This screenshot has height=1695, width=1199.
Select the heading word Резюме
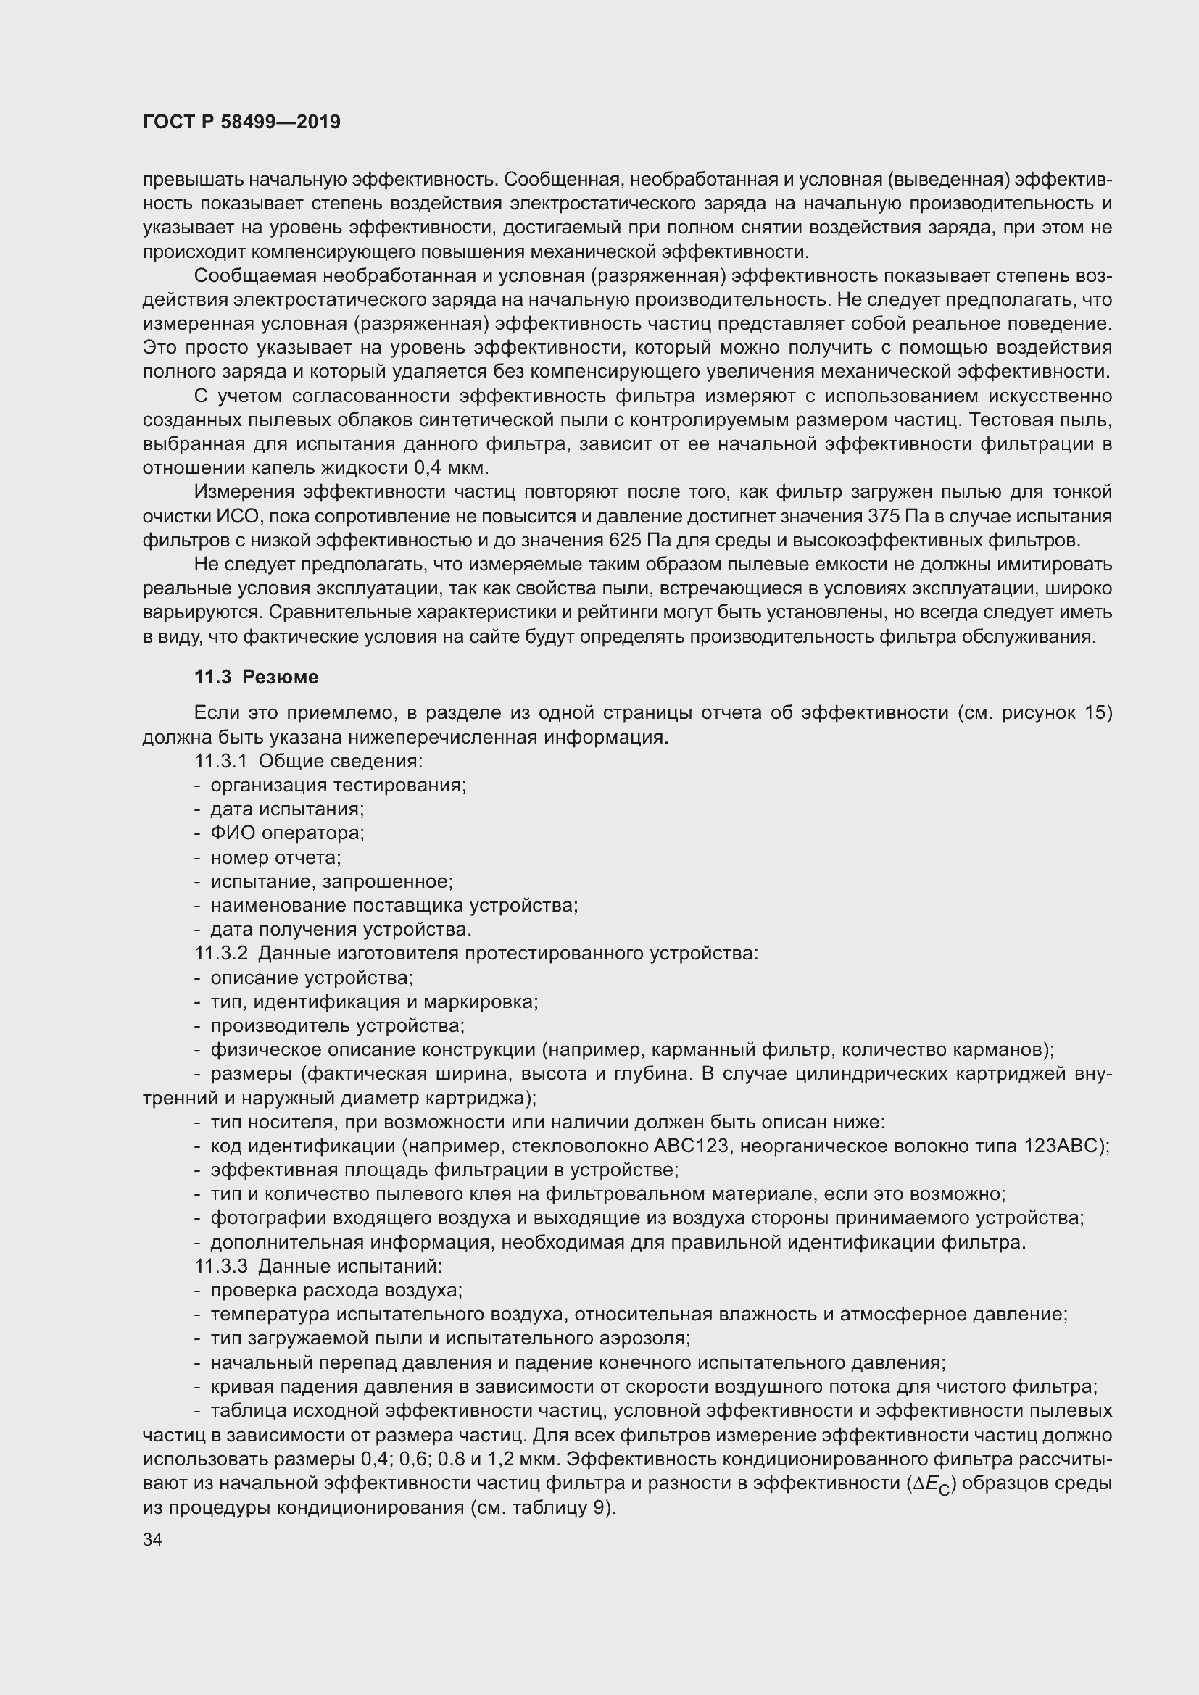point(281,677)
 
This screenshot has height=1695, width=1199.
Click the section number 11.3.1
point(221,761)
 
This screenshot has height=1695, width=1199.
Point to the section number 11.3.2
point(221,954)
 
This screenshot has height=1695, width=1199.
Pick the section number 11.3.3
point(221,1267)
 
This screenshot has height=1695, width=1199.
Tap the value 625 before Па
point(625,541)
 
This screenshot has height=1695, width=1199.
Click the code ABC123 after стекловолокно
point(688,1146)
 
